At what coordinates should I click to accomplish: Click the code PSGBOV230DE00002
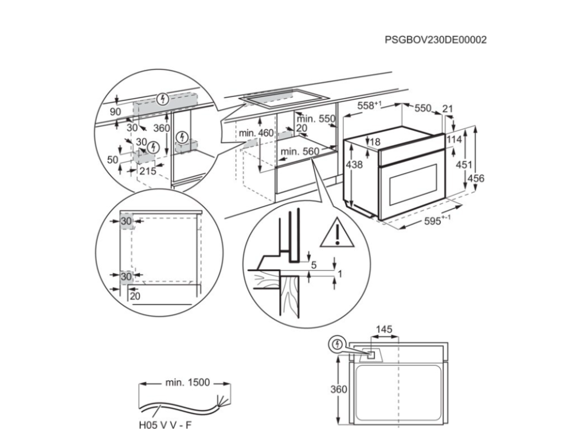click(x=436, y=40)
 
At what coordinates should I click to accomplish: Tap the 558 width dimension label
click(x=369, y=106)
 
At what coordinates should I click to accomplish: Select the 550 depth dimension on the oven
click(x=422, y=107)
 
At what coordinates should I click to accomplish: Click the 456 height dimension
click(x=476, y=179)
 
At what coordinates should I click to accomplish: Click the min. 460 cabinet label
click(x=256, y=133)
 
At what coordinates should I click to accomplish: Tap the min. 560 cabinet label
click(x=300, y=152)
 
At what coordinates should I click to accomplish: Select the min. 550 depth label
click(x=316, y=119)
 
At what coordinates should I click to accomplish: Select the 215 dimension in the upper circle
click(x=148, y=171)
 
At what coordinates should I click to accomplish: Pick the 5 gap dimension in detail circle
click(x=314, y=265)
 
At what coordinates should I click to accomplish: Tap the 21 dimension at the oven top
click(x=448, y=107)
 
